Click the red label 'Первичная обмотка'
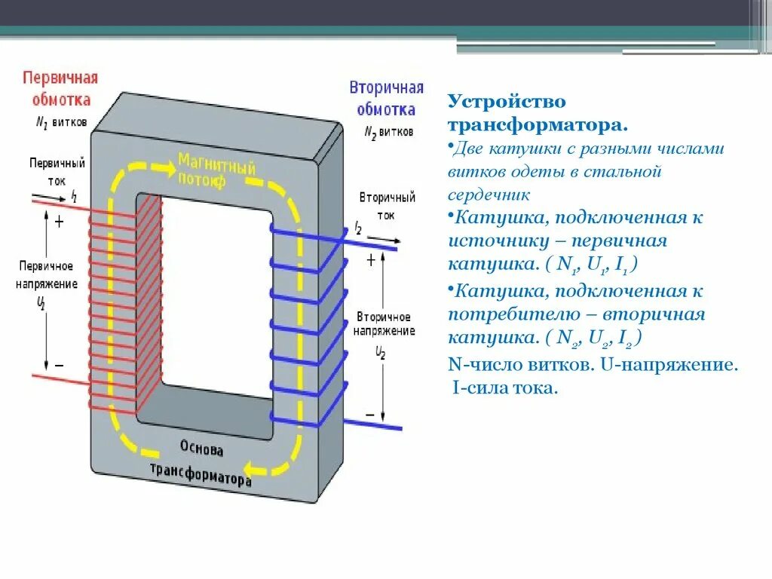pyautogui.click(x=60, y=88)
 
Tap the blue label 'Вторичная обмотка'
pyautogui.click(x=386, y=98)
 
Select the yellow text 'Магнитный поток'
pyautogui.click(x=216, y=169)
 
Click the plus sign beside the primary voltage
pyautogui.click(x=59, y=222)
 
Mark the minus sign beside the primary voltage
pyautogui.click(x=59, y=365)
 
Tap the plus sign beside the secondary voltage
pyautogui.click(x=371, y=260)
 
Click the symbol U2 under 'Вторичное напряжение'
pyautogui.click(x=381, y=351)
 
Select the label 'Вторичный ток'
pyautogui.click(x=387, y=205)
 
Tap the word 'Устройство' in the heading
pyautogui.click(x=507, y=101)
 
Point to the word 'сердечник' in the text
pyautogui.click(x=489, y=195)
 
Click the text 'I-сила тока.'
pyautogui.click(x=506, y=389)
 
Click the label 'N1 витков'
pyautogui.click(x=62, y=122)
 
